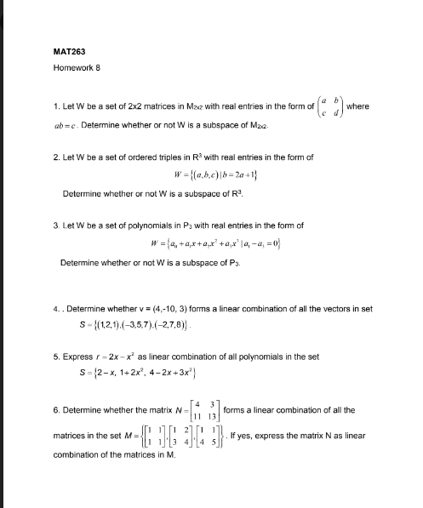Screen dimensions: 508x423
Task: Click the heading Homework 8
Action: (77, 68)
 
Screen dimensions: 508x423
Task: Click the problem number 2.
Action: (55, 157)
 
